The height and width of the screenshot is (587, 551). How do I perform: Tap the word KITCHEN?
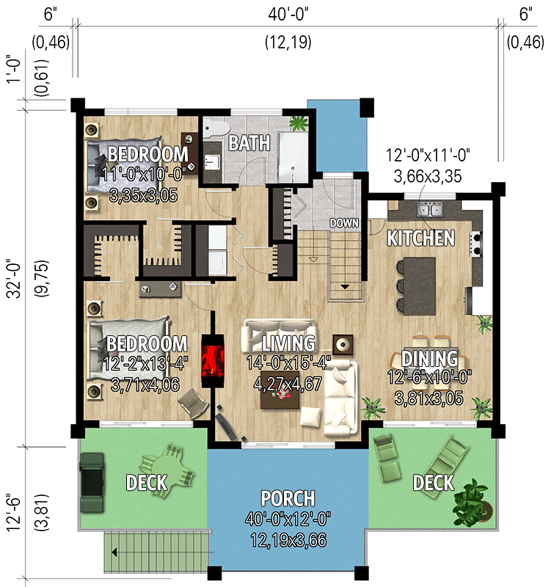click(420, 238)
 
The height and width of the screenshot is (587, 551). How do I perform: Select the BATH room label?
click(248, 142)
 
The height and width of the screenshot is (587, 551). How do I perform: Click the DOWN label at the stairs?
click(343, 223)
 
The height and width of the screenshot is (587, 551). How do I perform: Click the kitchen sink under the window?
click(429, 211)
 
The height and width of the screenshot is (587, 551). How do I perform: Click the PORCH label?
click(287, 499)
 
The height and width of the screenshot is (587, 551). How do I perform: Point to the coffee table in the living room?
click(279, 398)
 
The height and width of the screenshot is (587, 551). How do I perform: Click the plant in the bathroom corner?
click(298, 122)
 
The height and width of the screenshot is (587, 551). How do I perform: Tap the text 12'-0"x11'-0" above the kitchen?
click(428, 156)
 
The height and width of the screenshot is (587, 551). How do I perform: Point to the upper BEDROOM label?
click(147, 155)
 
